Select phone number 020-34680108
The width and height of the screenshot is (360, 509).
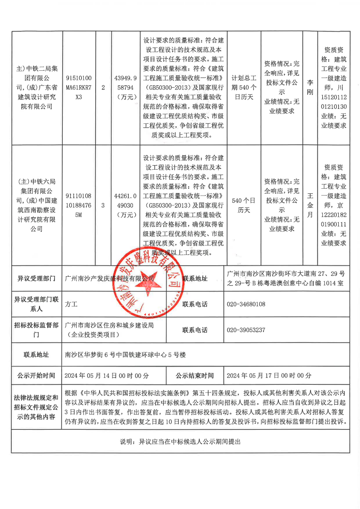(x=245, y=304)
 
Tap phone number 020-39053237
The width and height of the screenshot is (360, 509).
(x=245, y=330)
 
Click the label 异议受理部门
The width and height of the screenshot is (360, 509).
(x=36, y=278)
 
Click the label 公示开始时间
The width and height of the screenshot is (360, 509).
(x=36, y=376)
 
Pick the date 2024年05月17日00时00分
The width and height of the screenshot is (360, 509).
(x=269, y=376)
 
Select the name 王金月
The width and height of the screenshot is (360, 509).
(x=310, y=205)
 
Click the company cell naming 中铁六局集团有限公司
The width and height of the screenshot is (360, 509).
(x=37, y=205)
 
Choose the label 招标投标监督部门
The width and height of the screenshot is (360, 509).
(x=36, y=330)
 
